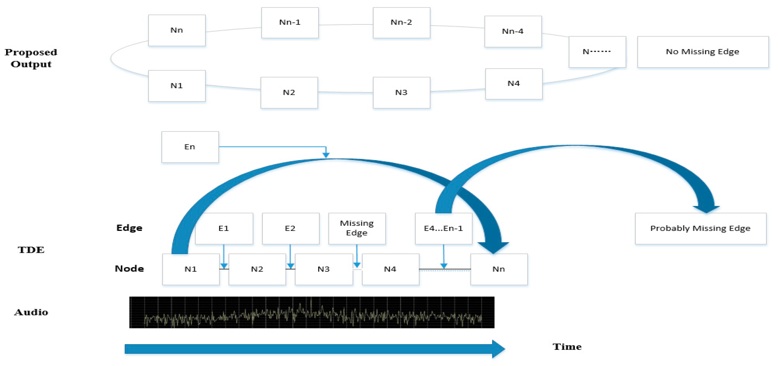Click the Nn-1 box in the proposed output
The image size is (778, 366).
pyautogui.click(x=290, y=23)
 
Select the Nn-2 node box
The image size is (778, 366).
pyautogui.click(x=401, y=23)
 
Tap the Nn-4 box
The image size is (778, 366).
pyautogui.click(x=513, y=31)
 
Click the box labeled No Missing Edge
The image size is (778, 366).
pyautogui.click(x=702, y=52)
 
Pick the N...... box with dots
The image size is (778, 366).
pyautogui.click(x=597, y=52)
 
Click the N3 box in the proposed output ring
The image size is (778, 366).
pyautogui.click(x=401, y=93)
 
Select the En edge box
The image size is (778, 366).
pyautogui.click(x=190, y=147)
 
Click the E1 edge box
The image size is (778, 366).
pyautogui.click(x=224, y=229)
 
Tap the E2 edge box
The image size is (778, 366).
pyautogui.click(x=291, y=229)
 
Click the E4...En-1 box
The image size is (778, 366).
pyautogui.click(x=443, y=229)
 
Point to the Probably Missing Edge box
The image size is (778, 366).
pyautogui.click(x=700, y=229)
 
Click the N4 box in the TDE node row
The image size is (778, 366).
pyautogui.click(x=391, y=269)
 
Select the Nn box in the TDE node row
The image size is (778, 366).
pyautogui.click(x=499, y=269)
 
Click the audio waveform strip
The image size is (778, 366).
pyautogui.click(x=312, y=312)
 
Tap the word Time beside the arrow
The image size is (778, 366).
pyautogui.click(x=567, y=347)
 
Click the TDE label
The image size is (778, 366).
pyautogui.click(x=31, y=250)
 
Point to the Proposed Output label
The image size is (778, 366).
pyautogui.click(x=31, y=58)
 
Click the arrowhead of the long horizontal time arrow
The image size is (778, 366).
pyautogui.click(x=498, y=349)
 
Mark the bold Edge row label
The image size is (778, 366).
pyautogui.click(x=129, y=228)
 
